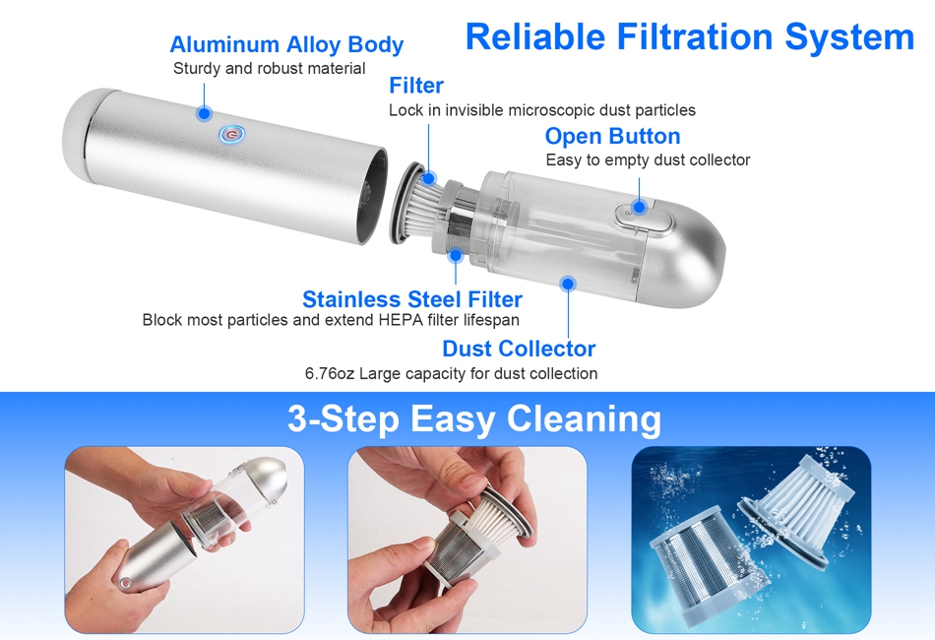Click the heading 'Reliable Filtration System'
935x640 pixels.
tap(689, 37)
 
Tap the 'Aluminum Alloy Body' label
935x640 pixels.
tap(286, 44)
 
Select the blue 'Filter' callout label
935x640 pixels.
tap(416, 86)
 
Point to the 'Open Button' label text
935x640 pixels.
tap(612, 137)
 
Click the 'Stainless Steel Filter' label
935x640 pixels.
tap(412, 298)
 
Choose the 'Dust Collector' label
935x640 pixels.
tap(519, 349)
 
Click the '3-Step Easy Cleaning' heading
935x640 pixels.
tap(474, 418)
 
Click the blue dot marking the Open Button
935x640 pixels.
tap(639, 207)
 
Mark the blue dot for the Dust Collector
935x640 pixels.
tap(568, 284)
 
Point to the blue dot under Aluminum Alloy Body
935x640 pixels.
tap(204, 113)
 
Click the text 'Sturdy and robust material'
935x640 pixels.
tap(269, 69)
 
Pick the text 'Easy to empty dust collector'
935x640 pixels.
tap(648, 160)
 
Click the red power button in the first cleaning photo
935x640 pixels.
tap(125, 583)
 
